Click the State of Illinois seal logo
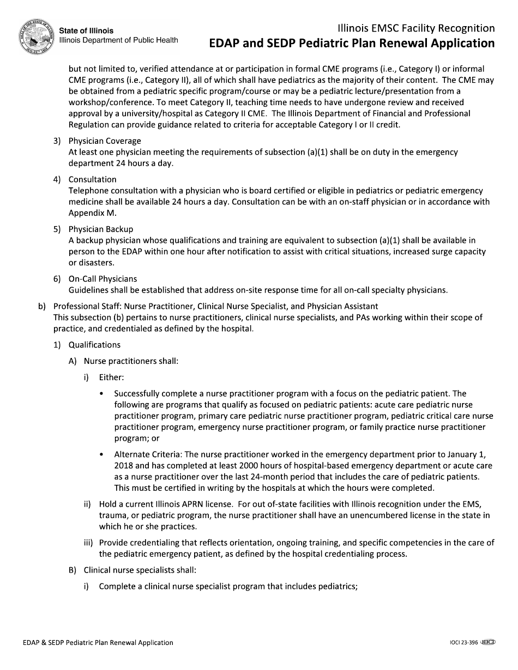click(37, 35)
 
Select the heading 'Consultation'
click(92, 179)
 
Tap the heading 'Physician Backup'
click(100, 229)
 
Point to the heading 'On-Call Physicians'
click(103, 279)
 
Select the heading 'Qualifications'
click(94, 345)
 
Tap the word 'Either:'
click(111, 377)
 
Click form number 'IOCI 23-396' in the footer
click(460, 643)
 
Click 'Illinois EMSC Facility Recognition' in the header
click(416, 28)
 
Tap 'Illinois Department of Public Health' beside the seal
click(118, 40)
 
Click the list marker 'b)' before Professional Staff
click(42, 306)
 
